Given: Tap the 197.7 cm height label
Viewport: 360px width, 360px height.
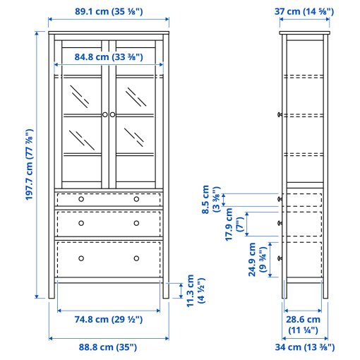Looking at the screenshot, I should click(x=29, y=164).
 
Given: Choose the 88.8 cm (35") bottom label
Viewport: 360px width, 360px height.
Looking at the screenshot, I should click(x=109, y=347).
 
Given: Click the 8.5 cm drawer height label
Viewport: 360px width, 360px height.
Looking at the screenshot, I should click(x=210, y=200).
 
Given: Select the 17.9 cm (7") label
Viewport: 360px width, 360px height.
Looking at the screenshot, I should click(x=233, y=227).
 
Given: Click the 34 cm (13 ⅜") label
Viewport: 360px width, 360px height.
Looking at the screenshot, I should click(x=304, y=347).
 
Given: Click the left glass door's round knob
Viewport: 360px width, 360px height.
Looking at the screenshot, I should click(x=104, y=114).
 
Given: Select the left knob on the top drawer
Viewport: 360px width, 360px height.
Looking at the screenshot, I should click(x=80, y=199).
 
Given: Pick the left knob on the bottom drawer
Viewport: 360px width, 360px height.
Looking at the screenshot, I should click(x=80, y=258).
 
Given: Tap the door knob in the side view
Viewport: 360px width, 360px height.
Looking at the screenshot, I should click(x=280, y=114).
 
